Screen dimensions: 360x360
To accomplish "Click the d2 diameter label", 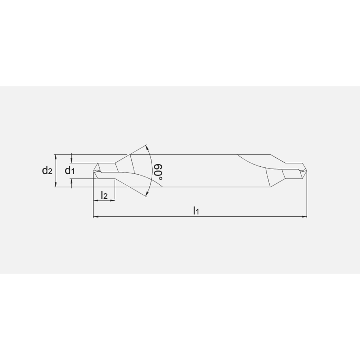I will pyautogui.click(x=47, y=171).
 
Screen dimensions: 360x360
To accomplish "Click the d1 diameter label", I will pyautogui.click(x=69, y=171).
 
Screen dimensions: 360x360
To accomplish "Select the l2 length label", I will pyautogui.click(x=104, y=195).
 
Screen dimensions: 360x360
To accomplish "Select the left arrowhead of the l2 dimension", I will pyautogui.click(x=95, y=200).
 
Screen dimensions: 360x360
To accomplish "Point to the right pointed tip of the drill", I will pyautogui.click(x=306, y=171).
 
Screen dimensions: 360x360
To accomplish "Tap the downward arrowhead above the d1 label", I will pyautogui.click(x=72, y=161).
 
